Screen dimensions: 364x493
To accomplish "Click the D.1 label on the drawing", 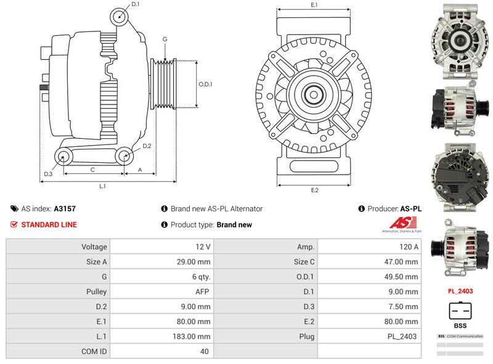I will [136, 5].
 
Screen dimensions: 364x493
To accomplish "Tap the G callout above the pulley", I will [165, 39].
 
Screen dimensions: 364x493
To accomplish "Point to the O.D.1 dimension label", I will [205, 84].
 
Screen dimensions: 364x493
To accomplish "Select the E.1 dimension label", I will [314, 5].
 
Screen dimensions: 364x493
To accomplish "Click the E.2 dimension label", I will [314, 190].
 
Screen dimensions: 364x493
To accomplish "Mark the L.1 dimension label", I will [103, 186].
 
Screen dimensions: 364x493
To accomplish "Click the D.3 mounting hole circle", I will [63, 157].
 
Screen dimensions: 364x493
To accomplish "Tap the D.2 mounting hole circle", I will [123, 157].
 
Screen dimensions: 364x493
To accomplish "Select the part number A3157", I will [65, 209].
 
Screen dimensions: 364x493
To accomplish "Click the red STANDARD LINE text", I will [49, 225].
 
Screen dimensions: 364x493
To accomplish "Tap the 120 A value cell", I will [369, 247].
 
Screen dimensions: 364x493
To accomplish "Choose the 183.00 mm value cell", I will [161, 336].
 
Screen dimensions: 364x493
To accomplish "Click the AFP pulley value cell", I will [161, 291].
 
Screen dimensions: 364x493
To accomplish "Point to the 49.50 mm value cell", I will [369, 277].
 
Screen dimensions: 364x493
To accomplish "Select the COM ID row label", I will [58, 352].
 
